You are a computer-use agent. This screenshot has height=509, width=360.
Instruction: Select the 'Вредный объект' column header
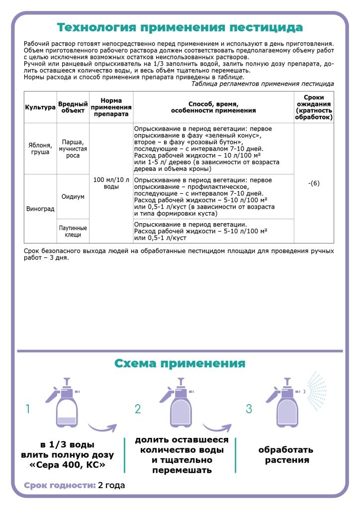coord(73,107)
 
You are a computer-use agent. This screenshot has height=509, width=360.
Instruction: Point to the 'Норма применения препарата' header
coord(111,107)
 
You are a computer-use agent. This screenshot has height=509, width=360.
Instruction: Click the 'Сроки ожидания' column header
coord(314,107)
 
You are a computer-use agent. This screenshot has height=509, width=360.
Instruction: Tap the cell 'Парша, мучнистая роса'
coord(73,148)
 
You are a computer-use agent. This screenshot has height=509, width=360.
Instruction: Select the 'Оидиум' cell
coord(73,196)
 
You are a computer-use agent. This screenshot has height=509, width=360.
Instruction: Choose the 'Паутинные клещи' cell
coord(73,231)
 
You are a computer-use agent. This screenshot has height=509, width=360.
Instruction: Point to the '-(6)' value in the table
coord(314,183)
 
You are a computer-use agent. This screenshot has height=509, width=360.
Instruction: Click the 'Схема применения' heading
coord(180,363)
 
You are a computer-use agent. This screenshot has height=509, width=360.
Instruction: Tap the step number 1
coord(28,409)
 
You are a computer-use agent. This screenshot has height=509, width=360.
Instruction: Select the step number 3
coord(249,409)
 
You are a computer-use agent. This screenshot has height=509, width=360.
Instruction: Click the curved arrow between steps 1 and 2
coord(102,426)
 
